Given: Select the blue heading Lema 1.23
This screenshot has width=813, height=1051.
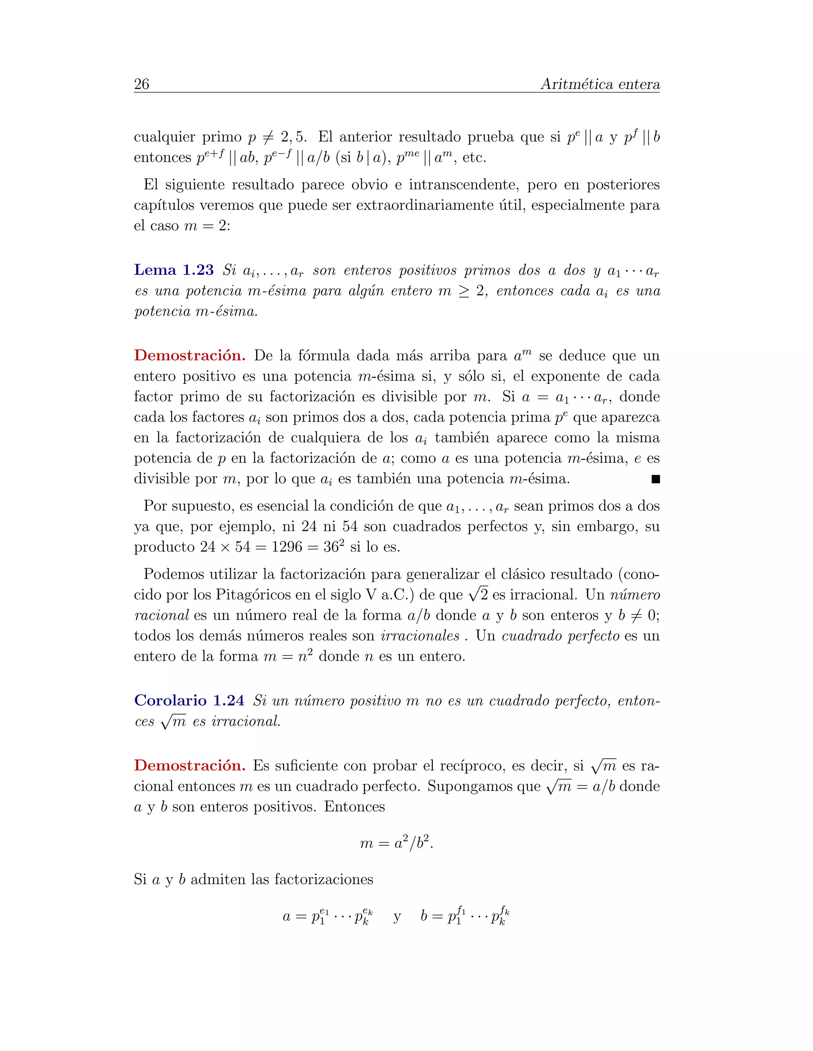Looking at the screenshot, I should point(174,270).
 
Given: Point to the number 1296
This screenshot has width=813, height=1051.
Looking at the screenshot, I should point(287,547).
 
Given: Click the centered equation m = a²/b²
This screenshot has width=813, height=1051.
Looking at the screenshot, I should point(397,843).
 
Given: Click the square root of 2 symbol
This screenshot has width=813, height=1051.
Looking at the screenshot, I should point(478,595).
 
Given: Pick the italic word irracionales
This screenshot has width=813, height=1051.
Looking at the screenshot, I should point(420,636).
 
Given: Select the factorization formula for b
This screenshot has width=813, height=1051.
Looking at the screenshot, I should point(465,916).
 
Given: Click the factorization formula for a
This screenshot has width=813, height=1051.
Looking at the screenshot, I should point(328,916).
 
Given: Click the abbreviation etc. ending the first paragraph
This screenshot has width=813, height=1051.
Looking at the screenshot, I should point(474,158).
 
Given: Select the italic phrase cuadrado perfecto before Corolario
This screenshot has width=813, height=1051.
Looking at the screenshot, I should point(560,636).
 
